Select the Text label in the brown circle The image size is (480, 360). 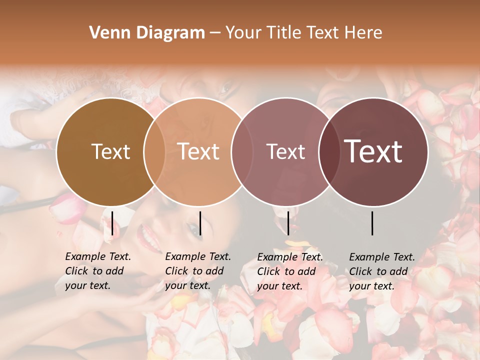click(110, 151)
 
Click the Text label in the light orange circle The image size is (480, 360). click(198, 151)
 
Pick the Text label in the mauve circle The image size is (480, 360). click(285, 151)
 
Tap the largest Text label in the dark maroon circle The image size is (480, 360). click(373, 151)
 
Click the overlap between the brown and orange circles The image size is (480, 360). click(154, 151)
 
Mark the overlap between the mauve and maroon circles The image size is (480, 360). click(329, 151)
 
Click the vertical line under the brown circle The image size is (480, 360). click(112, 223)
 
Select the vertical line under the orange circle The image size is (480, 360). click(200, 223)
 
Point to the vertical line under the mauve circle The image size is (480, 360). click(288, 223)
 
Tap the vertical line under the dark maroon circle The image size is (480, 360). click(372, 223)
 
